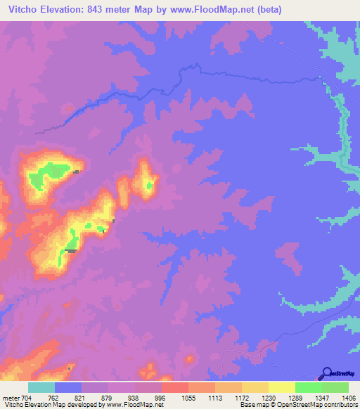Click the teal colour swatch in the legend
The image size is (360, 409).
41,387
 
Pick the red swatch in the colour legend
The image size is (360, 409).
174,387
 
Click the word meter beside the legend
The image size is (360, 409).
10,396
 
